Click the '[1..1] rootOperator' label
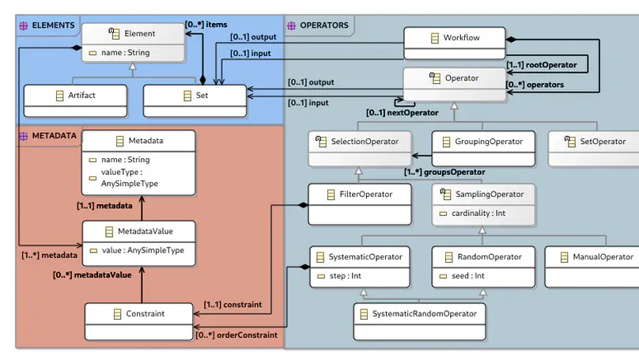(x=542, y=65)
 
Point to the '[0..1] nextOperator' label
(x=402, y=113)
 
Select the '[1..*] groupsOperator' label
(x=444, y=172)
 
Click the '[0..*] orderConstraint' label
(x=236, y=335)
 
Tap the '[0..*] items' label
(x=206, y=25)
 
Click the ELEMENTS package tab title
(x=53, y=25)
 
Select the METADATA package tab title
(x=54, y=136)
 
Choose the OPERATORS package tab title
(x=323, y=25)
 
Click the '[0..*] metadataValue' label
(x=92, y=275)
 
